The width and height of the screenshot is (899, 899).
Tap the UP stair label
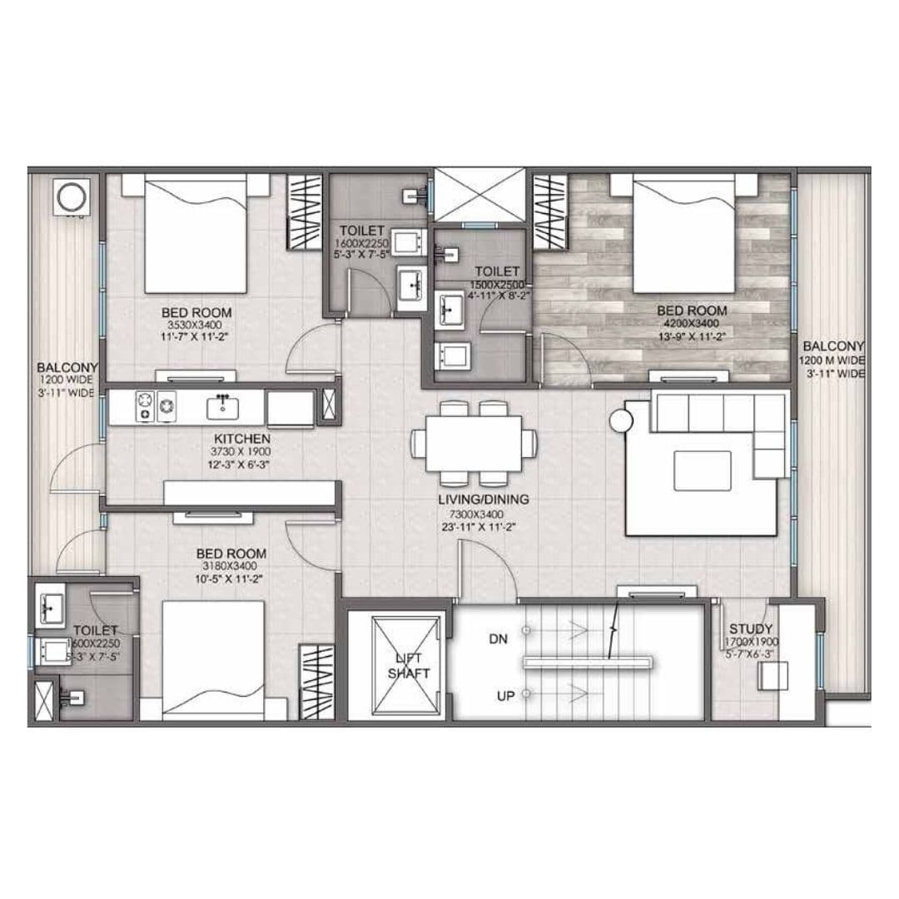click(x=505, y=696)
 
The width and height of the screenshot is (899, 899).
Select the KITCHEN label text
click(x=241, y=438)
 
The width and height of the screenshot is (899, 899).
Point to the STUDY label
click(x=750, y=628)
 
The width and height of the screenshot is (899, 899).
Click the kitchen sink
click(x=222, y=407)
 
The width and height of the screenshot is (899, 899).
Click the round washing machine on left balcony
click(x=69, y=196)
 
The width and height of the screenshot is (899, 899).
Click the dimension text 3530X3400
click(x=196, y=325)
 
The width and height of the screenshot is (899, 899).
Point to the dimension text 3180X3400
click(x=231, y=567)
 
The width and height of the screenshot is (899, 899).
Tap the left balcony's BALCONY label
click(x=67, y=367)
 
